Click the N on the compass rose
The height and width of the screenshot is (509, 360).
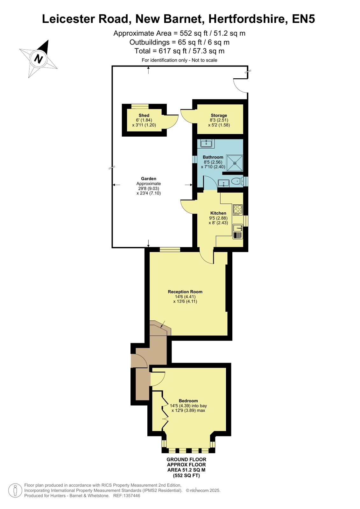[x=39, y=59]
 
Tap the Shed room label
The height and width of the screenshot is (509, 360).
[x=144, y=116]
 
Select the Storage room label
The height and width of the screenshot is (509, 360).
[x=219, y=116]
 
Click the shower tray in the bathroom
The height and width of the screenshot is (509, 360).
[x=235, y=163]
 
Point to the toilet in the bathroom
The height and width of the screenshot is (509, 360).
[x=237, y=181]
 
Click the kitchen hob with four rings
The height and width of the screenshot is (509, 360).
[x=238, y=210]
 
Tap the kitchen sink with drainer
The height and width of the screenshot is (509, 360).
[x=238, y=231]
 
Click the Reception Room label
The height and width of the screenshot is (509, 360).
[x=185, y=292]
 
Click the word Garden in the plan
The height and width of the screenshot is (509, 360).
[x=149, y=179]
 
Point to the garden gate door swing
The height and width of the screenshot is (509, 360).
[x=240, y=85]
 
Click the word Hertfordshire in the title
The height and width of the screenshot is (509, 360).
[x=247, y=19]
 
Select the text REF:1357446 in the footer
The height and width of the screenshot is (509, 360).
[x=127, y=496]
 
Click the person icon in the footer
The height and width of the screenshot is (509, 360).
[x=16, y=491]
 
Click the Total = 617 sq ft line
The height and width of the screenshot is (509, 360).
[x=180, y=51]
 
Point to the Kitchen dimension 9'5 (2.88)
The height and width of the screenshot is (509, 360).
[x=218, y=218]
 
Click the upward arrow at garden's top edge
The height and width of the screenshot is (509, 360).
[x=148, y=70]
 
